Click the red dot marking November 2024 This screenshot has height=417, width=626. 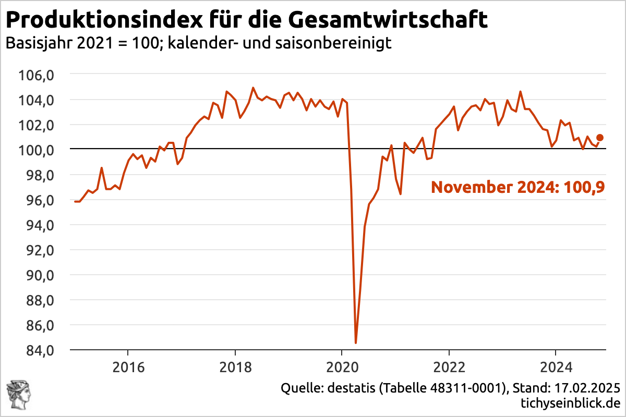[600, 138]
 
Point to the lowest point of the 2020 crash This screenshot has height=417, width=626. [356, 342]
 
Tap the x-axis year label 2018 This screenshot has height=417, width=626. [235, 367]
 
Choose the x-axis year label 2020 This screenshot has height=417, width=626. [342, 367]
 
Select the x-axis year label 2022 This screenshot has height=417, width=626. [449, 367]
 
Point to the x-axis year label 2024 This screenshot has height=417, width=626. [556, 367]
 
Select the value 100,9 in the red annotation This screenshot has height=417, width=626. [587, 187]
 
